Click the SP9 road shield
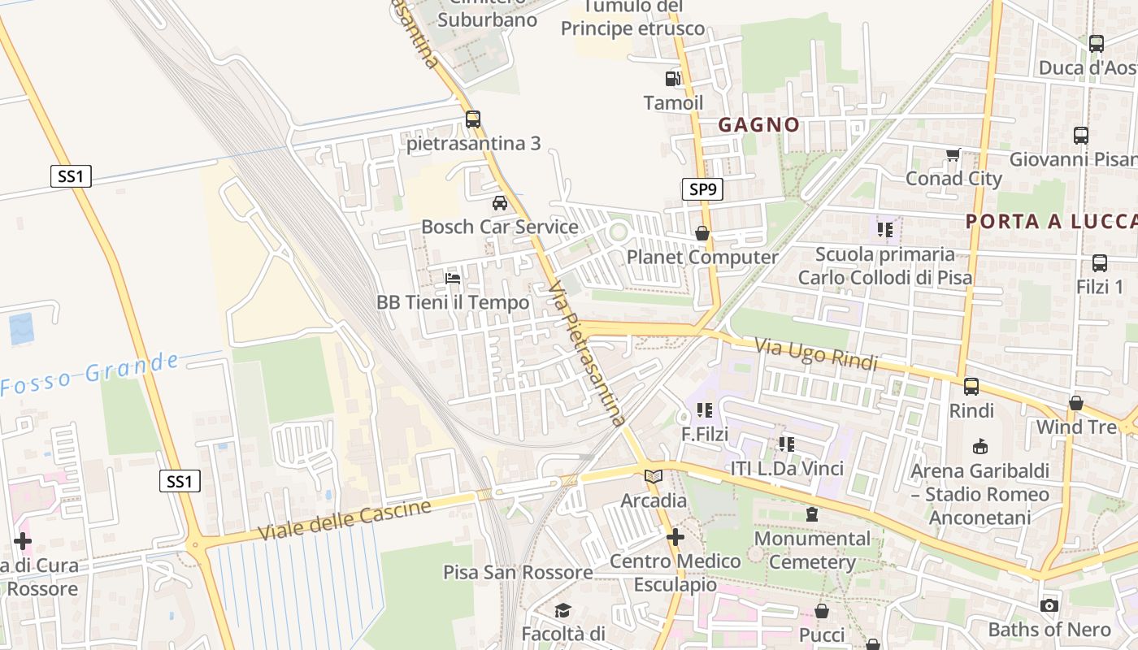tap(702, 190)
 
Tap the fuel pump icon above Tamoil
tap(673, 79)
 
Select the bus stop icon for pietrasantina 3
tap(473, 119)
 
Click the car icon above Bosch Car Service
tap(499, 202)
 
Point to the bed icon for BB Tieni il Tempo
tap(453, 279)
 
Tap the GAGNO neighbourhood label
tap(759, 124)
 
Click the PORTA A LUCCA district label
tap(1050, 221)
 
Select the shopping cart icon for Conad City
tap(953, 154)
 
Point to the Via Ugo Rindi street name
tap(816, 355)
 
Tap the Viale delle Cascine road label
tap(345, 520)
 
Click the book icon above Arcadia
tap(654, 476)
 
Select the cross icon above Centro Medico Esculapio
tap(675, 537)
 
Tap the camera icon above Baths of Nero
tap(1049, 605)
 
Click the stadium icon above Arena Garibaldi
tap(980, 446)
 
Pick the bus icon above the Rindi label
tap(971, 387)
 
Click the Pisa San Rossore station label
tap(518, 572)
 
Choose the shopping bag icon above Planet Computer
tap(702, 233)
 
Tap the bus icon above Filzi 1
tap(1100, 262)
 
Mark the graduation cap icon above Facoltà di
tap(562, 610)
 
